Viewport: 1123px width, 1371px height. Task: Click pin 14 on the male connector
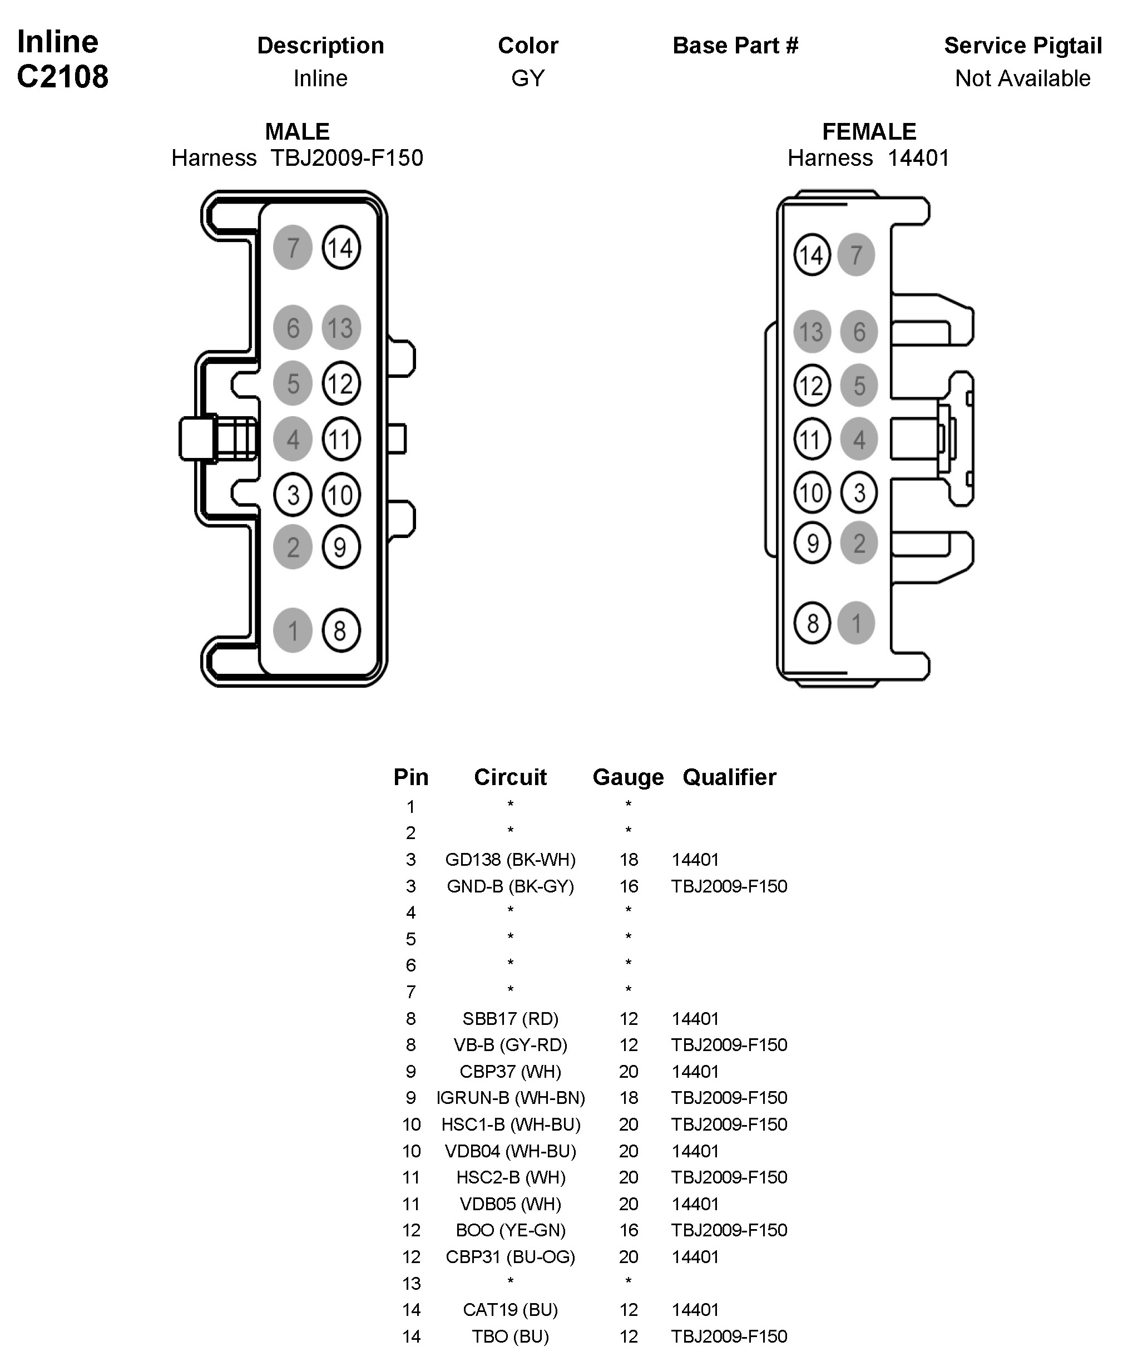341,247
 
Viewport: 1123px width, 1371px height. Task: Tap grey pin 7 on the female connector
856,254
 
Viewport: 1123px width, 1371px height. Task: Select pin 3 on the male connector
293,495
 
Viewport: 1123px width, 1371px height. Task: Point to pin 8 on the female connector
812,623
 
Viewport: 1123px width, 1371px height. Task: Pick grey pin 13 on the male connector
341,327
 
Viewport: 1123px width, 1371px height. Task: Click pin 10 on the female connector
812,492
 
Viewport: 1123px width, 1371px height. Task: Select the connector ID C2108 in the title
63,76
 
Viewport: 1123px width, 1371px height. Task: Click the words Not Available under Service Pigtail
1022,78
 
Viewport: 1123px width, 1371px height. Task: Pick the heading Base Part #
735,45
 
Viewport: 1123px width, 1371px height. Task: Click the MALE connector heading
297,131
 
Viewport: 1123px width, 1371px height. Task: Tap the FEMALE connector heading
869,131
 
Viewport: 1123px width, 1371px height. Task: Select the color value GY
527,78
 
